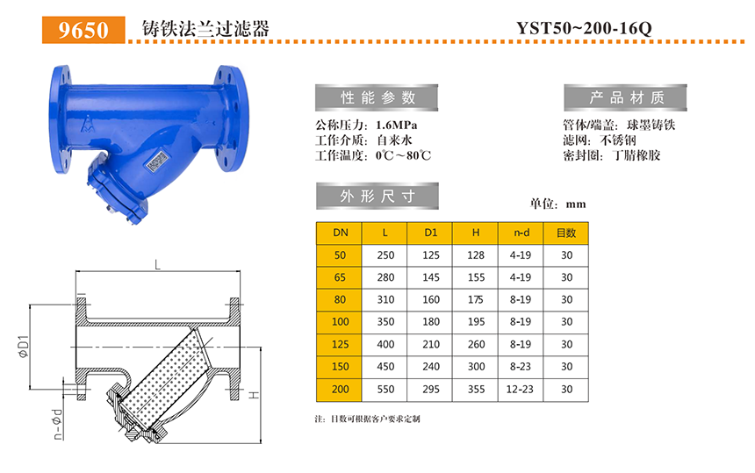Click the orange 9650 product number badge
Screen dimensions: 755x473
[x=83, y=30]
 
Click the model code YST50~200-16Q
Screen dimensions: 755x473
[x=584, y=28]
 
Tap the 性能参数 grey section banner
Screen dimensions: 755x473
[x=377, y=97]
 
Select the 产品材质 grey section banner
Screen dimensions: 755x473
[x=625, y=97]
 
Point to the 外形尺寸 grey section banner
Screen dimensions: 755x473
[x=377, y=196]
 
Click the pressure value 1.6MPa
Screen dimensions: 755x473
[x=396, y=125]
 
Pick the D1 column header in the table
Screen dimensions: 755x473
[x=430, y=233]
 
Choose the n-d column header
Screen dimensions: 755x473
[x=521, y=233]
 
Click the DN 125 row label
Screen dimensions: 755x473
[x=340, y=345]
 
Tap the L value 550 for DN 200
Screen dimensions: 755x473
[x=385, y=390]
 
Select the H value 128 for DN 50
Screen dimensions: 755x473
[x=476, y=255]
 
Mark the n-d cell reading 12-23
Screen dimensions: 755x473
[x=520, y=390]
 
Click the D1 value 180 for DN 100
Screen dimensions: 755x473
[x=430, y=322]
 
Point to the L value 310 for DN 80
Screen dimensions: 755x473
[x=385, y=300]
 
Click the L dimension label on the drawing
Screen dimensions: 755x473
[x=157, y=265]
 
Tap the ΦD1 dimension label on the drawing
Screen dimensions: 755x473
[x=23, y=347]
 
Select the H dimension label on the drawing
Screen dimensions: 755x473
[x=254, y=395]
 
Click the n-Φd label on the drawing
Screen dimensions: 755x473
[x=57, y=425]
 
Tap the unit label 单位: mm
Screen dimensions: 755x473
[x=557, y=204]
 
